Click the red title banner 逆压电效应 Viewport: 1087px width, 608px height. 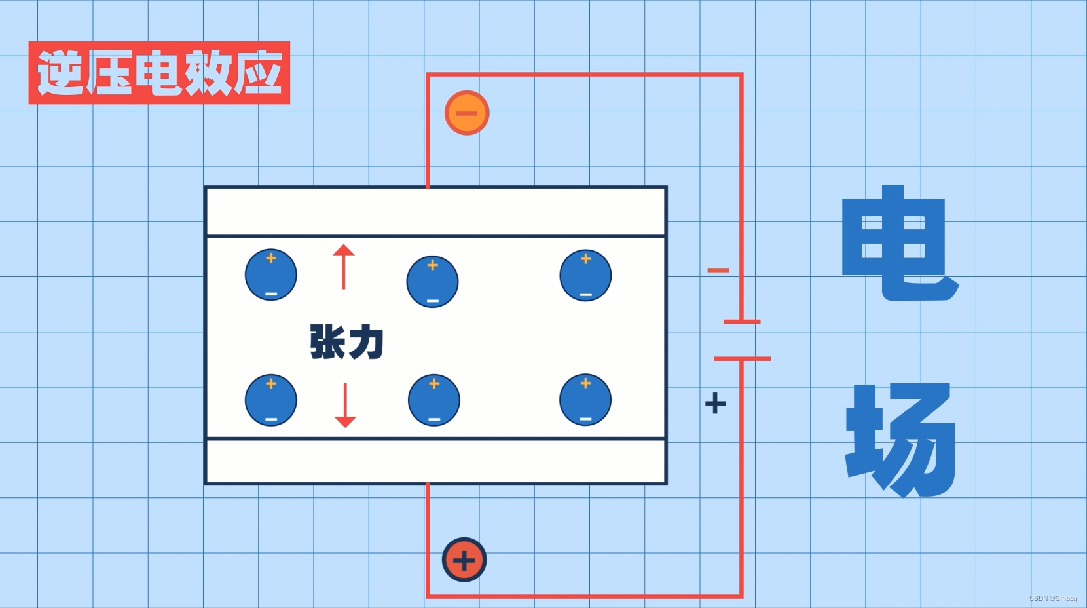point(159,73)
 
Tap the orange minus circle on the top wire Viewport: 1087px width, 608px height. point(467,113)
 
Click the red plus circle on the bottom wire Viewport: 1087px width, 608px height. point(464,560)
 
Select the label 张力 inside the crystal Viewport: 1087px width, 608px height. point(346,341)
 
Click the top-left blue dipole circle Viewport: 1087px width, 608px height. point(271,275)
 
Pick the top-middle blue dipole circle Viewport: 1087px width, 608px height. point(432,282)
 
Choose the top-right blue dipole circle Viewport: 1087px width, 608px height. point(585,275)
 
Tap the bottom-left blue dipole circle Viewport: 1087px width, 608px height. point(271,400)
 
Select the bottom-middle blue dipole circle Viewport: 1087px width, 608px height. point(433,400)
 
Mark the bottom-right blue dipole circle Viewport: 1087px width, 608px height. point(585,400)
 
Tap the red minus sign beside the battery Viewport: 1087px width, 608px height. point(718,270)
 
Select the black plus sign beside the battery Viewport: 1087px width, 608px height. point(715,403)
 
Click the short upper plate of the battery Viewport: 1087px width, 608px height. point(742,322)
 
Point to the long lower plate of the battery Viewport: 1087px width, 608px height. point(742,359)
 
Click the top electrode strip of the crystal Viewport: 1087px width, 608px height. point(435,211)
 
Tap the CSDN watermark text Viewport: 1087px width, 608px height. point(1053,598)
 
